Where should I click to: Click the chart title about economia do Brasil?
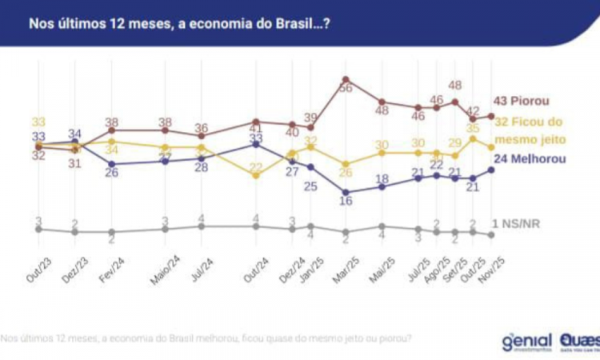point(181,23)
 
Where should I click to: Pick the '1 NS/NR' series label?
point(519,222)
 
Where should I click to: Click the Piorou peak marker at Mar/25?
point(345,79)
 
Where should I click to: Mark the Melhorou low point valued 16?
point(345,192)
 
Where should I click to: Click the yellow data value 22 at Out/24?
point(256,167)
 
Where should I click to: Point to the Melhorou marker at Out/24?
point(256,144)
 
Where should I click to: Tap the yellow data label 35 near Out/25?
point(472,127)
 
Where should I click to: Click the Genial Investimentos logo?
point(529,341)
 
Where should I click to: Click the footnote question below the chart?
point(207,338)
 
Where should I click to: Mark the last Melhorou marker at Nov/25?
point(490,170)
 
